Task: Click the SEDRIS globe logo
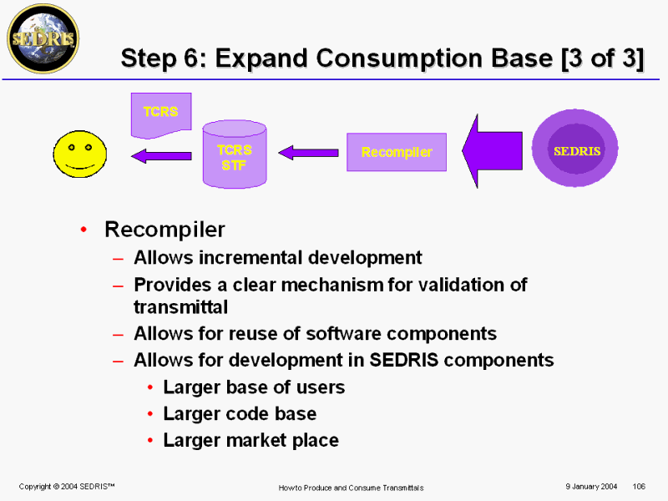pyautogui.click(x=43, y=38)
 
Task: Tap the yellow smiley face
pyautogui.click(x=80, y=154)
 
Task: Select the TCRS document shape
pyautogui.click(x=161, y=115)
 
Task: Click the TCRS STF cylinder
pyautogui.click(x=235, y=154)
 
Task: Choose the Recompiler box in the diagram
pyautogui.click(x=397, y=152)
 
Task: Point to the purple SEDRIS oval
pyautogui.click(x=575, y=149)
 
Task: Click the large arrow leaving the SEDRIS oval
pyautogui.click(x=492, y=151)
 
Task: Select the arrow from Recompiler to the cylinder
pyautogui.click(x=308, y=153)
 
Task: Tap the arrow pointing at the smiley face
pyautogui.click(x=161, y=156)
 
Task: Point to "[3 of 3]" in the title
pyautogui.click(x=602, y=58)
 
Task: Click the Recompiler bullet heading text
pyautogui.click(x=164, y=230)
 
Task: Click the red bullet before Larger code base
pyautogui.click(x=150, y=413)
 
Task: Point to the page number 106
pyautogui.click(x=639, y=487)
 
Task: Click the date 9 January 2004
pyautogui.click(x=591, y=487)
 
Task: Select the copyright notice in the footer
pyautogui.click(x=67, y=487)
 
